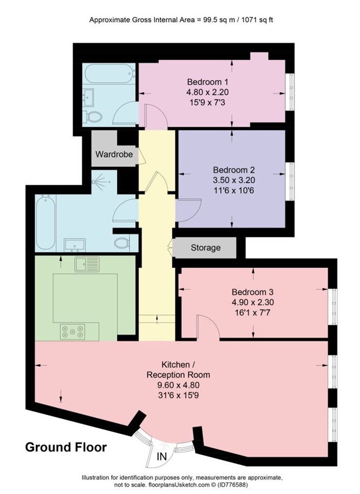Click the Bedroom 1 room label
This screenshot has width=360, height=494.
207,82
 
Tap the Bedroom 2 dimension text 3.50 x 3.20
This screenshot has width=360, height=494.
233,180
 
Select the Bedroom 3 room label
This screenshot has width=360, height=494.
253,292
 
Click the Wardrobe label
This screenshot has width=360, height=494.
114,154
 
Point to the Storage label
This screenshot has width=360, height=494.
205,248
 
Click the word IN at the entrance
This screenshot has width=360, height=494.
162,456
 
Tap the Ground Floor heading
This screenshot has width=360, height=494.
66,447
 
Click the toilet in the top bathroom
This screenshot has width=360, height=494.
93,117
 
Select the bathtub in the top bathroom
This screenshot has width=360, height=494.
110,74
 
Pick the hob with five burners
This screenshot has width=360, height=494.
73,331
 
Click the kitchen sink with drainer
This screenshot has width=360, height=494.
87,264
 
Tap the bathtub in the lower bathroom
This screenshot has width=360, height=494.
46,223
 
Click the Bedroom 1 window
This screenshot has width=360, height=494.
291,92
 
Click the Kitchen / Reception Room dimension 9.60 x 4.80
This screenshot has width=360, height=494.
178,385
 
